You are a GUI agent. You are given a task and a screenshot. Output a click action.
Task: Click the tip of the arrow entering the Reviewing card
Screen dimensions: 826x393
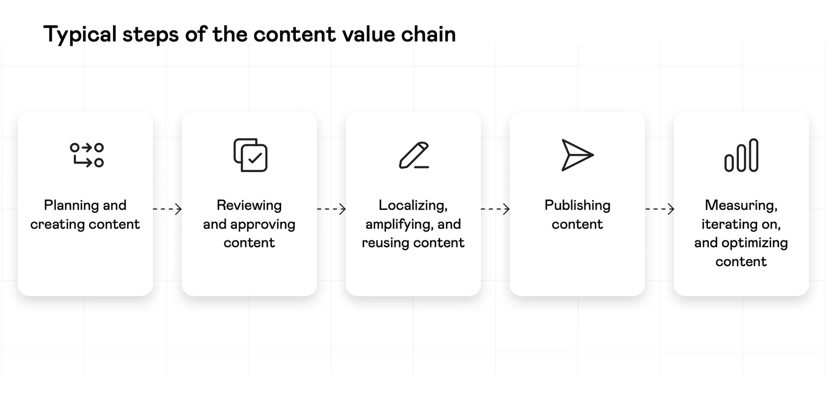(x=181, y=209)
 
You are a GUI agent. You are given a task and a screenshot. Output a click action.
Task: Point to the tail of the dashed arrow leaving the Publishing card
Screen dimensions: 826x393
(x=646, y=209)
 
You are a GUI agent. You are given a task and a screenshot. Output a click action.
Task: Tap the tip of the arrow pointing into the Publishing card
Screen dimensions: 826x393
(x=509, y=209)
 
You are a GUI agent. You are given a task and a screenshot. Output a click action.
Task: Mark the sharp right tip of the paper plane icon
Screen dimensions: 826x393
(x=593, y=155)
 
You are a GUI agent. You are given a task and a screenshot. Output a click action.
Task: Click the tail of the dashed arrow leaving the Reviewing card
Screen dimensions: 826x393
(x=318, y=209)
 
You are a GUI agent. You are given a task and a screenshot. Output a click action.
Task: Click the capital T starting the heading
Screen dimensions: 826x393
(x=52, y=34)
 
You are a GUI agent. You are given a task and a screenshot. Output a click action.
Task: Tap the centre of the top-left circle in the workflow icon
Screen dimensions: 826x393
(x=75, y=148)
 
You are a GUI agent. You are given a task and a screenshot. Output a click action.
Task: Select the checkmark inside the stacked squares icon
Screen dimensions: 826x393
(x=255, y=158)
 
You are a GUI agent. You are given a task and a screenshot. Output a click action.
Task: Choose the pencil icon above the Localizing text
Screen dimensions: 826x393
(x=414, y=155)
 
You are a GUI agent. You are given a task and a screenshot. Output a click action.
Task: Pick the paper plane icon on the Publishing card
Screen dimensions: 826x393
(x=578, y=155)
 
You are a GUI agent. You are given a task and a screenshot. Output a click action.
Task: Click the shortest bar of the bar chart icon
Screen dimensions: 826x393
(x=729, y=163)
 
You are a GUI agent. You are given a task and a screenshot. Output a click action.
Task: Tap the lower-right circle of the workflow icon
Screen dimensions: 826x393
(x=99, y=162)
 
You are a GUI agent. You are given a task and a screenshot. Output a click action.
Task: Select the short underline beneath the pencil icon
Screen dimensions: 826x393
(x=422, y=168)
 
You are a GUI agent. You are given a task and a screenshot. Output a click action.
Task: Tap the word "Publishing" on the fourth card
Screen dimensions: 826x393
(x=578, y=206)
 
